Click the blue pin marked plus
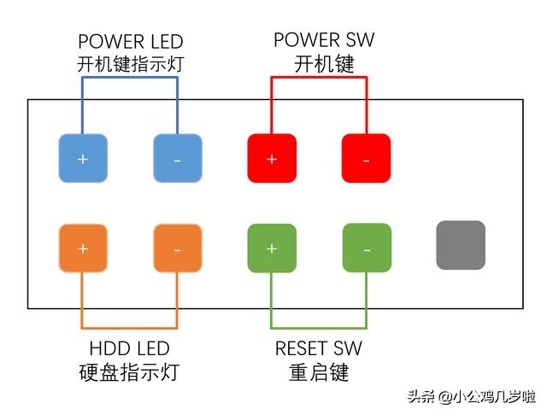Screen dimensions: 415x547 point(83,158)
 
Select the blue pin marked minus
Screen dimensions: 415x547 point(177,158)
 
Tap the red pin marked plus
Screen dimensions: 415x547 point(272,158)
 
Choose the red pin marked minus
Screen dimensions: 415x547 point(366,158)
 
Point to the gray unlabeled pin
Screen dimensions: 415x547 point(461,245)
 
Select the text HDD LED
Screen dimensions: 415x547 point(129,348)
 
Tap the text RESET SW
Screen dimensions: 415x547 point(320,348)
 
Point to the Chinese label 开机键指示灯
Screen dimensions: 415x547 point(130,63)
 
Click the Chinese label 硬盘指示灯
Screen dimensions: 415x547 point(129,372)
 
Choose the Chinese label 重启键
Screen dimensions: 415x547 point(320,372)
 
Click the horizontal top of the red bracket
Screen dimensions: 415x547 point(319,78)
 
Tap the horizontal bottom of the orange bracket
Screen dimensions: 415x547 point(130,328)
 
